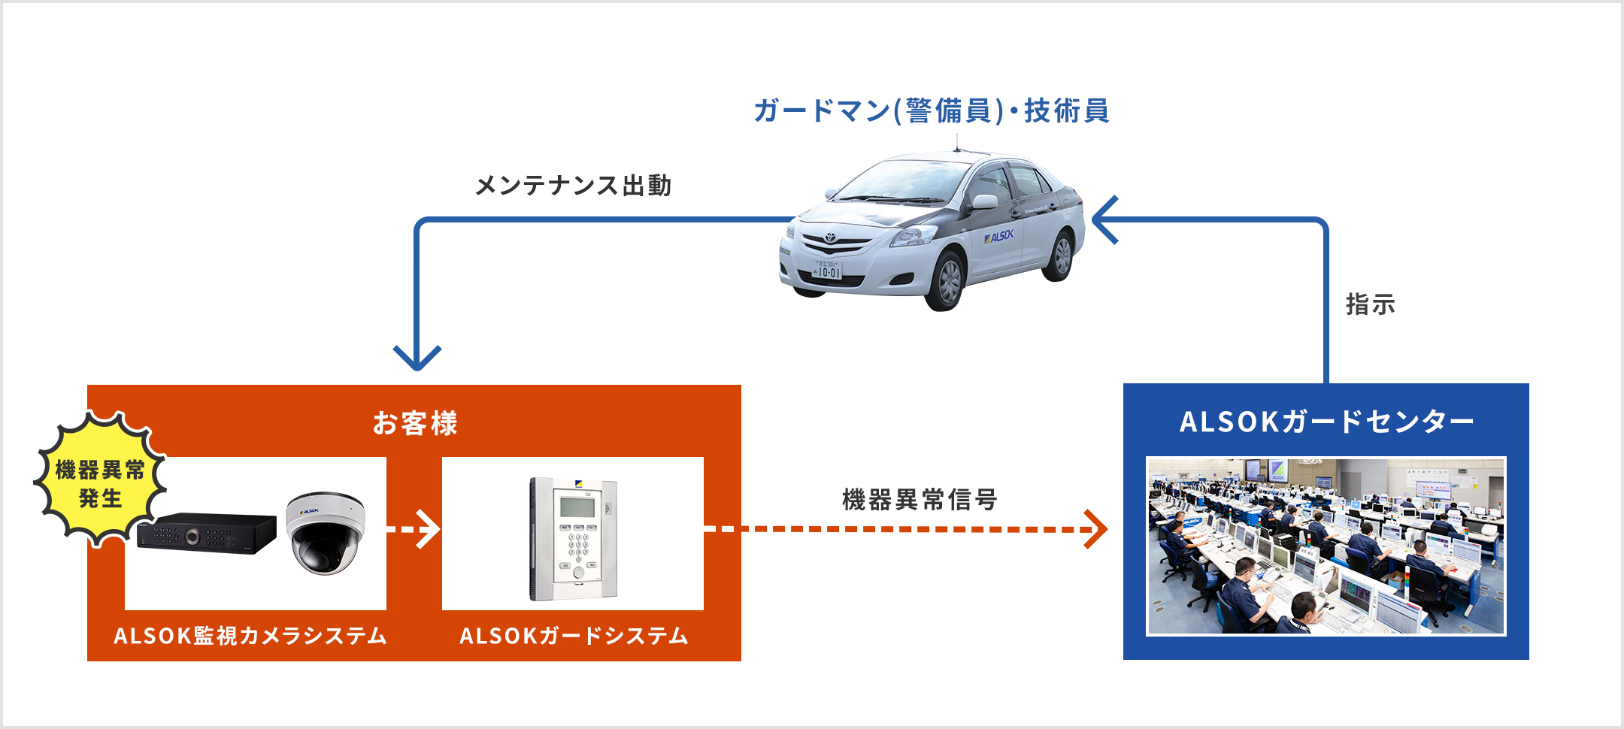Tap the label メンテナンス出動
pos(573,185)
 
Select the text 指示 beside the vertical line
pos(1370,304)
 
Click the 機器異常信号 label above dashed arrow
pos(920,499)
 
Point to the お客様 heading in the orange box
pos(415,423)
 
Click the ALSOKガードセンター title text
pos(1326,422)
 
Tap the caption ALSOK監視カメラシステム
pos(250,636)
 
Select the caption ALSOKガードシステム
pos(574,636)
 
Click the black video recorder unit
pos(207,533)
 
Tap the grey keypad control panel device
pos(574,538)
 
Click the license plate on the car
pos(828,270)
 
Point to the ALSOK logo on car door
pos(999,237)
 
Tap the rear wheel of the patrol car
pos(1060,256)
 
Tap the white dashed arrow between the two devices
pos(414,529)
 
